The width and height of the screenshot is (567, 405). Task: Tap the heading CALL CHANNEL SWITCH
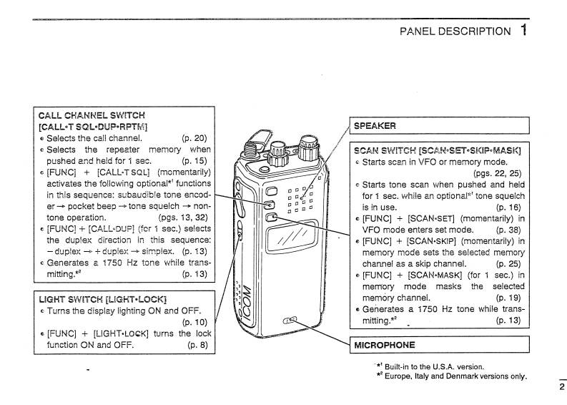pos(92,114)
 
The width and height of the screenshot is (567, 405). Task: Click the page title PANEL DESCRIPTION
pos(455,31)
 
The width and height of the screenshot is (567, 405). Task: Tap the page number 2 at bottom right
pos(561,388)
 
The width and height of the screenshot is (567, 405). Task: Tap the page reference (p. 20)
pos(194,138)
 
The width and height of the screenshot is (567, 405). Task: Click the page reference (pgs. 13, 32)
pos(184,215)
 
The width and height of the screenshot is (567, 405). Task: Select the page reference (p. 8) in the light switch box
pos(197,344)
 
